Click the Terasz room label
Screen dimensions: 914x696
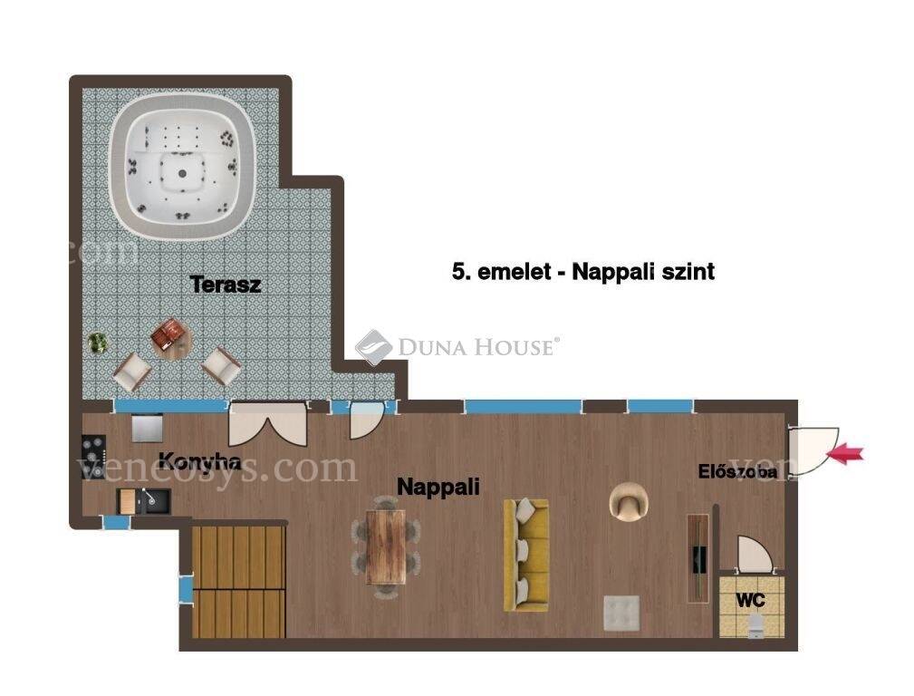tap(225, 285)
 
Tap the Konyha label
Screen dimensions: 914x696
tap(200, 461)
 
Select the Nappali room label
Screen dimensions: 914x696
tap(438, 487)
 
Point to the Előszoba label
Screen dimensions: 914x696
tap(737, 471)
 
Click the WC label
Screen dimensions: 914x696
tap(750, 600)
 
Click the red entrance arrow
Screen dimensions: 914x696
tap(846, 453)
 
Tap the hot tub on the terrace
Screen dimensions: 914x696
tap(182, 165)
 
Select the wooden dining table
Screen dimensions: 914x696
tap(385, 547)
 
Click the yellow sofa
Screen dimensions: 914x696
tap(525, 555)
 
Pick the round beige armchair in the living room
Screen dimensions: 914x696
tap(629, 501)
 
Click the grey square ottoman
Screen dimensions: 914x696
tap(621, 614)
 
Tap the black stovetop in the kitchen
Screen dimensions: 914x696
tap(93, 450)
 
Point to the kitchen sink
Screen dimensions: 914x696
tap(153, 501)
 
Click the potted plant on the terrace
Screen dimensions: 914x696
tap(98, 343)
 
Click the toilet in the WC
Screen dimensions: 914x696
tap(755, 625)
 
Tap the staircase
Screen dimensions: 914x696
tap(238, 581)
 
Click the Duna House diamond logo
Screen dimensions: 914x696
tap(373, 347)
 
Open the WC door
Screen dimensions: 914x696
tap(755, 555)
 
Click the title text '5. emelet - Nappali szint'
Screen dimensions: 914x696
tap(582, 272)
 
